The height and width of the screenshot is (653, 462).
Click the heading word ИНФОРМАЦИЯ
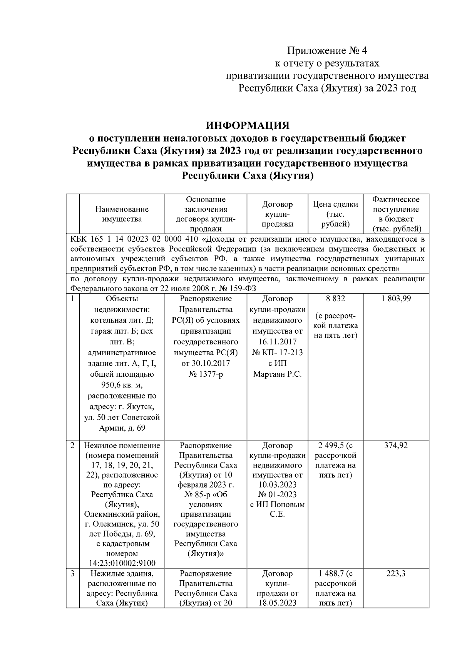(247, 126)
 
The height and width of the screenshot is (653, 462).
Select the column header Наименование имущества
(122, 214)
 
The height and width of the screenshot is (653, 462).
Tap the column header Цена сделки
(335, 204)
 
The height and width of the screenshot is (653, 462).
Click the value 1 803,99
(396, 299)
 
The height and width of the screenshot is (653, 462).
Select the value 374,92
(396, 446)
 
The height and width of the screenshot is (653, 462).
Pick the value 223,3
(396, 574)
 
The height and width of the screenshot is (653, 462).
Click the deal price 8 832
(335, 299)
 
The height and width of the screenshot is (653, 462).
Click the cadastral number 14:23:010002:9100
(122, 563)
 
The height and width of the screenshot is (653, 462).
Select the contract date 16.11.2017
(277, 342)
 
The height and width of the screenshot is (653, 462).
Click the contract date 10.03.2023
(277, 485)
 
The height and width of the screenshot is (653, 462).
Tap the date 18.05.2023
(277, 603)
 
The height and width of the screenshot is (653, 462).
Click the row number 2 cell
(72, 446)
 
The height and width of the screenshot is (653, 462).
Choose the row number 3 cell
(72, 574)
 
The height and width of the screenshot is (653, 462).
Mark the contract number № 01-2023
(277, 494)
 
